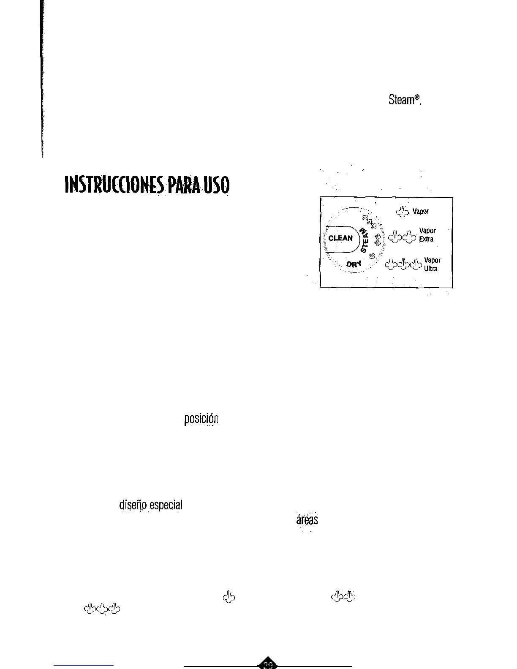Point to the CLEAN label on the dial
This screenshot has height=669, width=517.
tap(340, 238)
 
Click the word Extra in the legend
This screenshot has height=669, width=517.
tap(426, 239)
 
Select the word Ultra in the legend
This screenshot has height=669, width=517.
tap(431, 269)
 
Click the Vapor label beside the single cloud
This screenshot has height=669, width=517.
tap(421, 211)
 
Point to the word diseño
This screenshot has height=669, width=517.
tap(133, 505)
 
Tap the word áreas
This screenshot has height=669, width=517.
tap(307, 519)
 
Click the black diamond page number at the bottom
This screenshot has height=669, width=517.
tap(268, 664)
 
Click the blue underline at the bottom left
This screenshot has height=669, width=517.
tap(84, 665)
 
